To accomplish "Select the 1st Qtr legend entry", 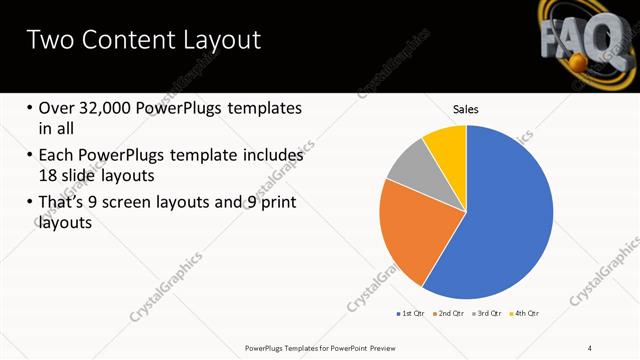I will pyautogui.click(x=411, y=314).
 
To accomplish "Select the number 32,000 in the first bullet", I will pyautogui.click(x=108, y=108).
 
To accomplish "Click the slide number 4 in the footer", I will pyautogui.click(x=590, y=347).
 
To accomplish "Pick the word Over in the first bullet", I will pyautogui.click(x=57, y=108).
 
